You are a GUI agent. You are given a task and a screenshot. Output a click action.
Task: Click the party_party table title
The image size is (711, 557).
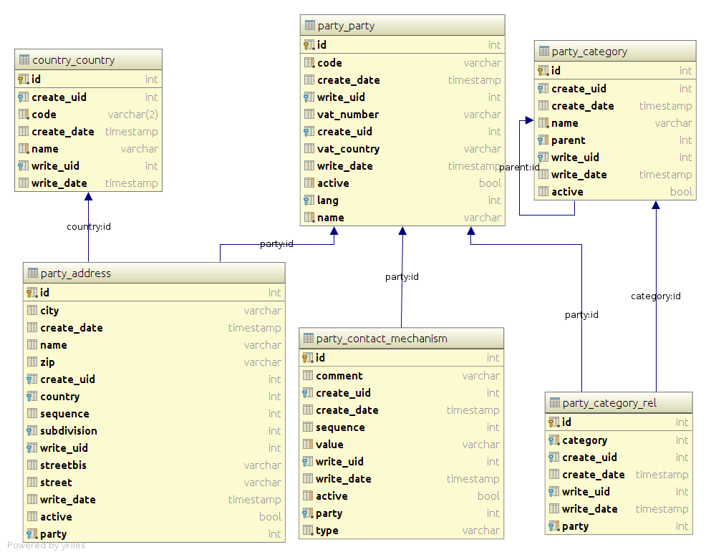(346, 26)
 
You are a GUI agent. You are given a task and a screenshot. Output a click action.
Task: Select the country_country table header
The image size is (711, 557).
(88, 60)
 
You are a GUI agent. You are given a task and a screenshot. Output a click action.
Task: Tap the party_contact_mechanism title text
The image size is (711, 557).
(382, 339)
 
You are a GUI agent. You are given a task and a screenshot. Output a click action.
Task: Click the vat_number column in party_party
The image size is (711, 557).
(348, 115)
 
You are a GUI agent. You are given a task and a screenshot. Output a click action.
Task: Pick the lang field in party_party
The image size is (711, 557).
(328, 200)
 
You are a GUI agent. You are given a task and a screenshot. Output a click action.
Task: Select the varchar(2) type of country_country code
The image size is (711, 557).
(133, 115)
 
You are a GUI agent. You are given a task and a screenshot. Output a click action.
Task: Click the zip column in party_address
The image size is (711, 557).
(47, 362)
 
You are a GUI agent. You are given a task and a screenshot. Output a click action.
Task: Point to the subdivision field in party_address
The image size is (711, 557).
(69, 431)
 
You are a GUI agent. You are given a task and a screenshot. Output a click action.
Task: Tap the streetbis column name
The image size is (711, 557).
(63, 465)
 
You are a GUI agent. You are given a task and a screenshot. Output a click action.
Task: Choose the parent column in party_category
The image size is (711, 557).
(569, 140)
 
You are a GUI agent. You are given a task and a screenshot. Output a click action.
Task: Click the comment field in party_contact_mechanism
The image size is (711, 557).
(339, 376)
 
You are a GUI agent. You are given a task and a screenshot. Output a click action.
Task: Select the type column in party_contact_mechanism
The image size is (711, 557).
(327, 531)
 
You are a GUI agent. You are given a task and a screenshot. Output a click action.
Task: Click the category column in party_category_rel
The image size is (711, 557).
(584, 440)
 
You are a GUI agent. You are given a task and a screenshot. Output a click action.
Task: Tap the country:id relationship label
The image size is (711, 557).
(89, 227)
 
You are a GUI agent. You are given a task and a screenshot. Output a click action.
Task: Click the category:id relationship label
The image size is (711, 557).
(656, 296)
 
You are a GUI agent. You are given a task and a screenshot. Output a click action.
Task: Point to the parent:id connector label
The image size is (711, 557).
(519, 168)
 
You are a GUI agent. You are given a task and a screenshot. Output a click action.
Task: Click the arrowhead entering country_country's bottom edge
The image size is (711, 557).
(88, 196)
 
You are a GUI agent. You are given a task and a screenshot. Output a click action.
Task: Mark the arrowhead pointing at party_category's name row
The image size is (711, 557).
(529, 120)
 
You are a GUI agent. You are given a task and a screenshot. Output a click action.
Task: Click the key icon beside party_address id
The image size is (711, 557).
(32, 293)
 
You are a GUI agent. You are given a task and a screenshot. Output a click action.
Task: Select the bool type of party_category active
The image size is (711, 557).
(681, 192)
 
